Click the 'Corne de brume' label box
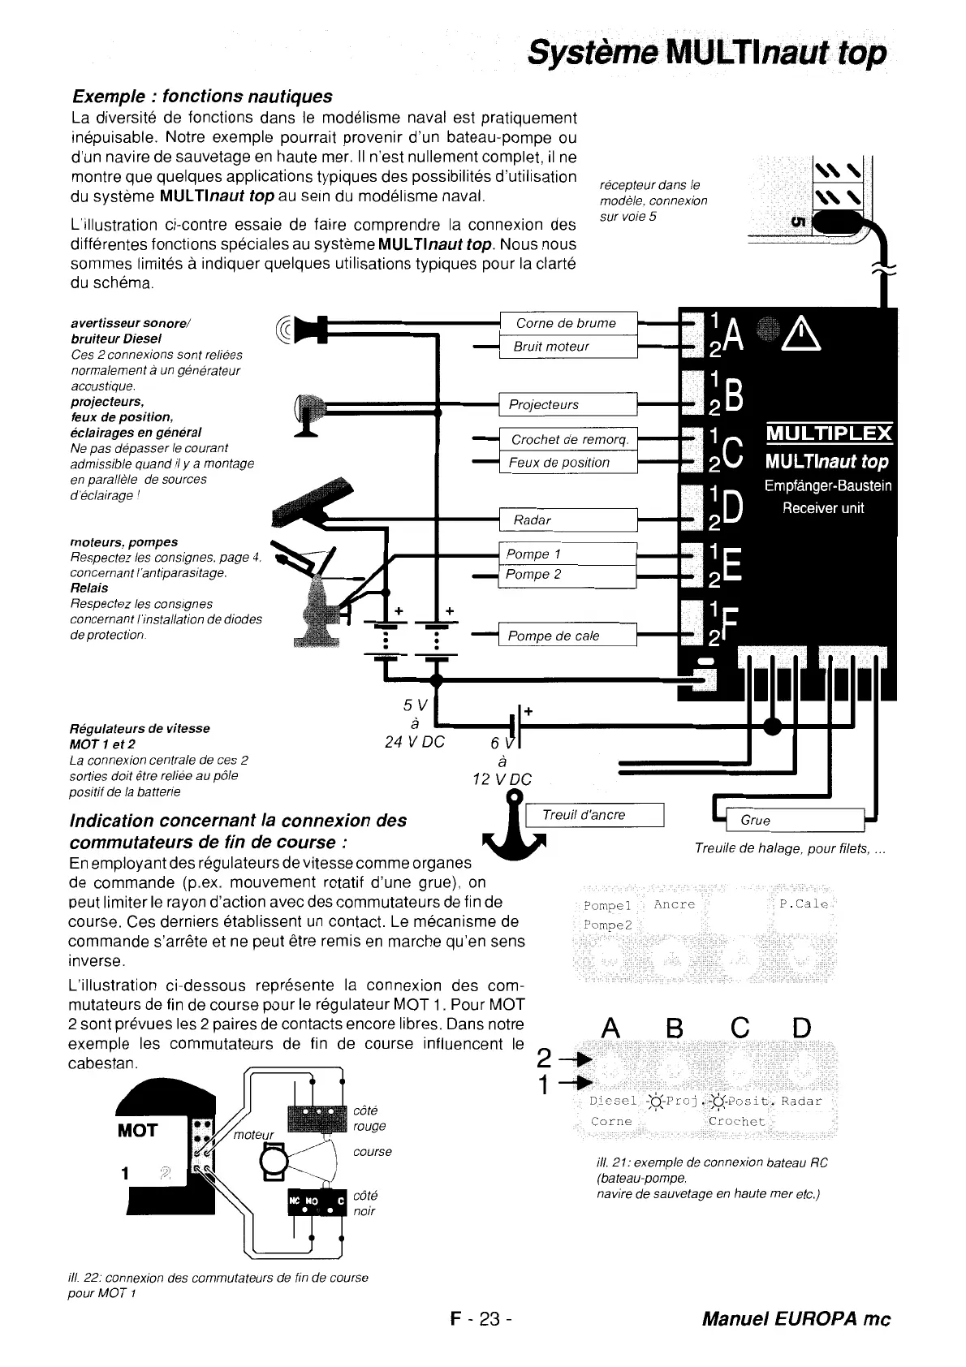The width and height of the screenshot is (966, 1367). pos(567,323)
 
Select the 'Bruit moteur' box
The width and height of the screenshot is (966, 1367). pos(567,347)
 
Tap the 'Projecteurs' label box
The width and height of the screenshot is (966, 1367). pos(567,404)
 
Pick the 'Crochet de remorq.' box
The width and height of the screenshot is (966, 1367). pos(567,439)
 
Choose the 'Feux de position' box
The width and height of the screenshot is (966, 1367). pos(567,463)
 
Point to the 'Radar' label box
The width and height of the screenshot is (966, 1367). pos(567,520)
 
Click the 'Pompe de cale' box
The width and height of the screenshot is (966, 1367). pos(567,636)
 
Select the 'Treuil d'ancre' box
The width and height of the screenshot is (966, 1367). pos(595,815)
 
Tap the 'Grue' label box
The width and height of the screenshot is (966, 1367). pos(794,820)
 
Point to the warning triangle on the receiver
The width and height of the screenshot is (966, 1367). pos(804,334)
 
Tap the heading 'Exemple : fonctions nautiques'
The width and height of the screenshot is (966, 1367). pos(202,96)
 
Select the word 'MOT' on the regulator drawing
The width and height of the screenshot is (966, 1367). pos(137,1130)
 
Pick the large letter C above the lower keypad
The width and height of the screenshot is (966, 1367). pos(739,1028)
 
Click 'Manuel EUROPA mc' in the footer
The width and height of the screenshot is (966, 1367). pos(796,1318)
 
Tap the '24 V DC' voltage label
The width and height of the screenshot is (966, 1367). pos(414,741)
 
